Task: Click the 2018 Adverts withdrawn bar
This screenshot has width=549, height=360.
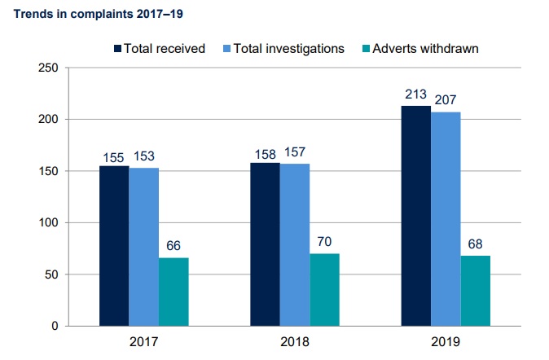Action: [x=324, y=290]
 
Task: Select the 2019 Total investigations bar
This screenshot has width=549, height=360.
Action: [x=446, y=219]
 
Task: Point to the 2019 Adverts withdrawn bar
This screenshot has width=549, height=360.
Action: [x=476, y=291]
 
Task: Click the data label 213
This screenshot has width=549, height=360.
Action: [x=416, y=94]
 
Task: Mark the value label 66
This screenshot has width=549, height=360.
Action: [x=173, y=246]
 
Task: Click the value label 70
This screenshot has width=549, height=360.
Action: [x=324, y=242]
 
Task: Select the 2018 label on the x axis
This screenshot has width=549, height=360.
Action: [x=294, y=344]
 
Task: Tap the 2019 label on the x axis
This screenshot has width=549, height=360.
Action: [x=446, y=344]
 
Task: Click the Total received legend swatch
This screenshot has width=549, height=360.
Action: [x=116, y=48]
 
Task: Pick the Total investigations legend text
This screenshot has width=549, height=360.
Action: [x=288, y=48]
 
